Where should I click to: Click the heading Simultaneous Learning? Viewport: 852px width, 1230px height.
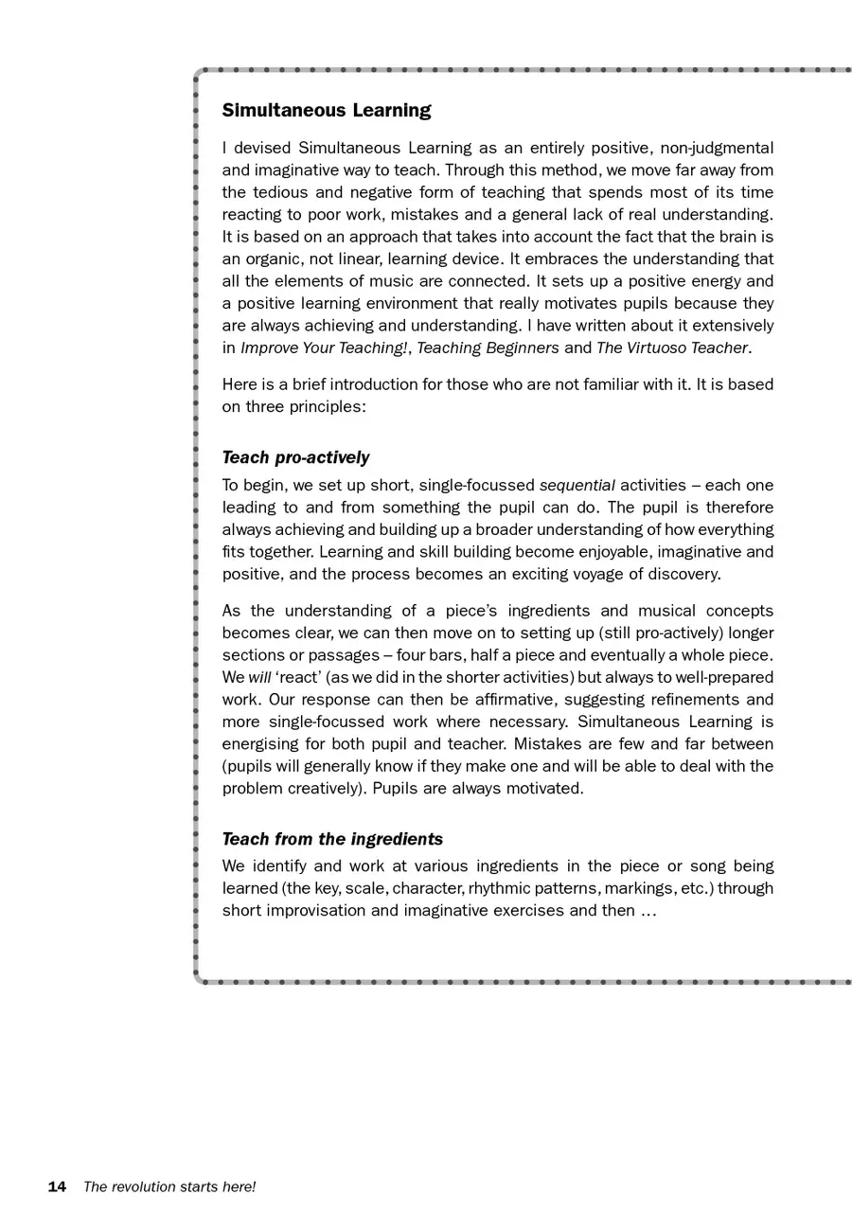tap(327, 111)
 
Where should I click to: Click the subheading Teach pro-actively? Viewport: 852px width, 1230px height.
tap(295, 458)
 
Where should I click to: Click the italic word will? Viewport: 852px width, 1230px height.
tap(259, 678)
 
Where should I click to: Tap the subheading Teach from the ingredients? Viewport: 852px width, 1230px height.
tap(332, 840)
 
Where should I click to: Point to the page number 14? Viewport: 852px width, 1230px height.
tap(57, 1187)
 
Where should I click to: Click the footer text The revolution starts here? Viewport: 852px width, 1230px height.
tap(169, 1187)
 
